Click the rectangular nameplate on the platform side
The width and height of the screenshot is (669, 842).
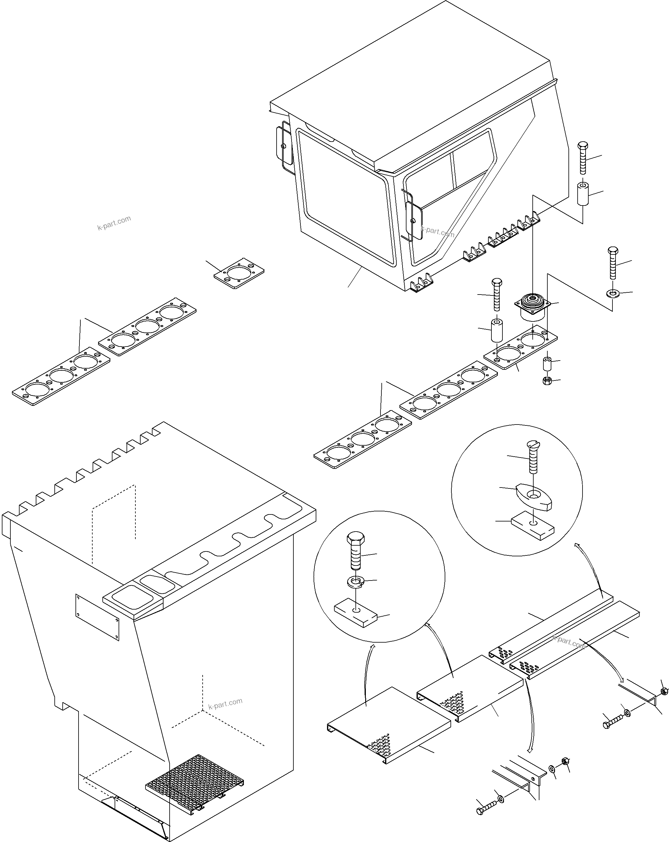[97, 617]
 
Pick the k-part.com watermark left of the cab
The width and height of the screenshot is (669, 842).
[114, 223]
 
